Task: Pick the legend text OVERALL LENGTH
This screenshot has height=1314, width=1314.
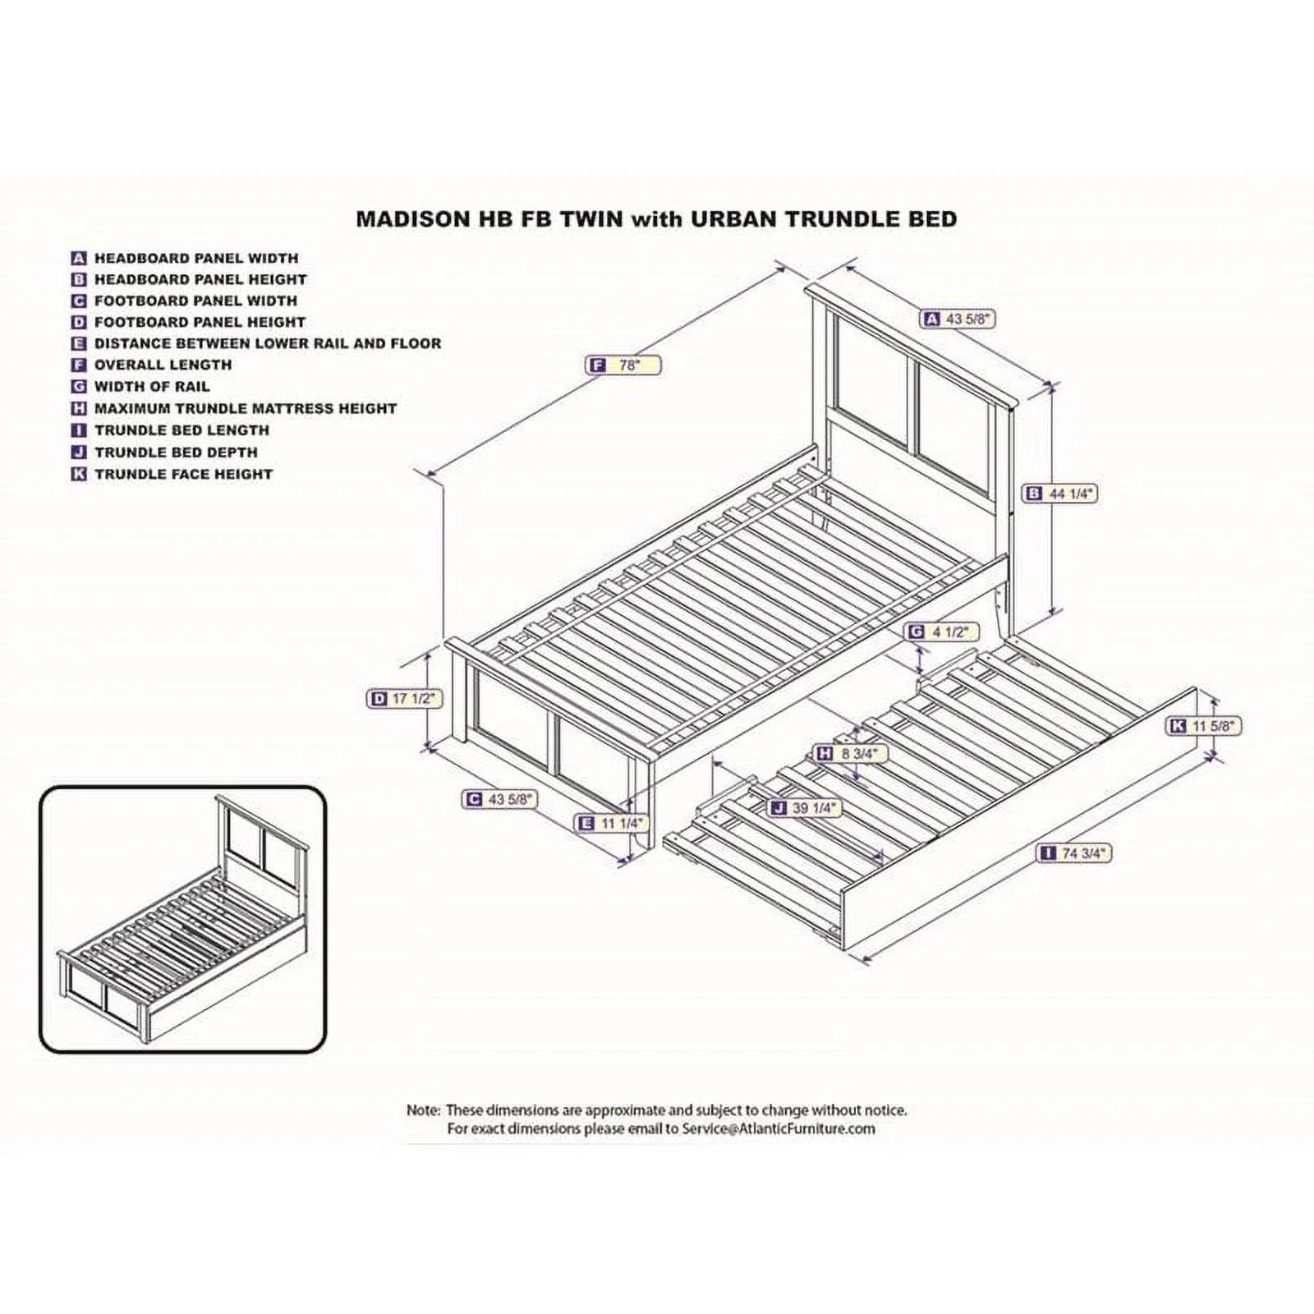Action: (163, 365)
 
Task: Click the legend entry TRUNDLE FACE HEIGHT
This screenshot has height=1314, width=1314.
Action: (183, 474)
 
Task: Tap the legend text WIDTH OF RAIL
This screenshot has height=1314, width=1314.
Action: (152, 386)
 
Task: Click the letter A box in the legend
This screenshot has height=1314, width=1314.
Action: (79, 258)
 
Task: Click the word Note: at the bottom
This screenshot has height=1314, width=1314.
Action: (424, 1110)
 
